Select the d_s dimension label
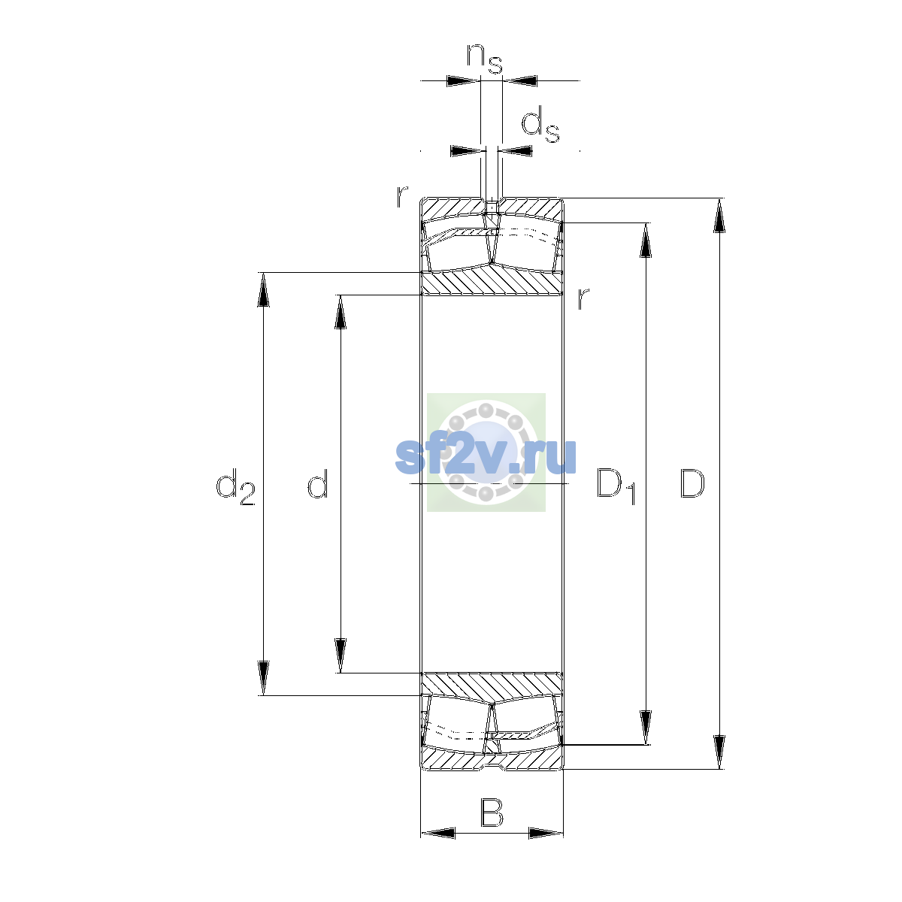pos(540,124)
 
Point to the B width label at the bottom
pos(492,813)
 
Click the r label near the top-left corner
pos(402,197)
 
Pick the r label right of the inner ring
pos(583,298)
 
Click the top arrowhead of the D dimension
pos(719,215)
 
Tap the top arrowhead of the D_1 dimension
pos(646,240)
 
